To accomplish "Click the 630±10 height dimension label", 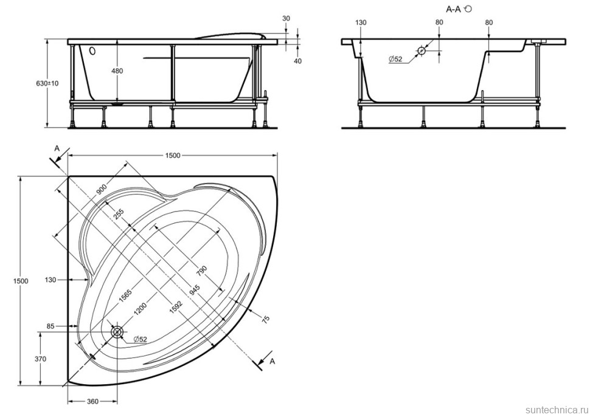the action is click(47, 83).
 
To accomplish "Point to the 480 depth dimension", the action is click(118, 71).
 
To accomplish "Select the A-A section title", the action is click(453, 9).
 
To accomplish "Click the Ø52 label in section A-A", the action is click(395, 59).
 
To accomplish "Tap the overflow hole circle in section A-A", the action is click(422, 50).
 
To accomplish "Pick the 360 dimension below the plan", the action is click(92, 402).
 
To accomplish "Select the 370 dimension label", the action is click(40, 359).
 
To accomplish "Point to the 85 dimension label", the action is click(51, 326).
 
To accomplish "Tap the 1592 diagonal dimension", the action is click(176, 309).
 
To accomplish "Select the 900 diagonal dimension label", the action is click(102, 190).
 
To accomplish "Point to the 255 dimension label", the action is click(118, 215).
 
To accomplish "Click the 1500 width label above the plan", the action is click(173, 155).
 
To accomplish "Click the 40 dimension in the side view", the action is click(297, 61).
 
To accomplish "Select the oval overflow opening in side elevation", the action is click(92, 50).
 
